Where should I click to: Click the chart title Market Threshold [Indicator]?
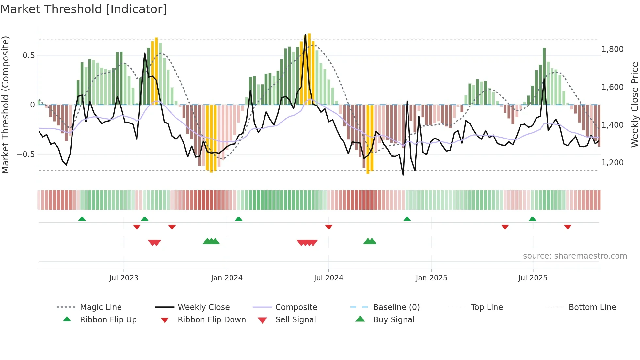(x=84, y=9)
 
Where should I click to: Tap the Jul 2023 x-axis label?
(x=124, y=278)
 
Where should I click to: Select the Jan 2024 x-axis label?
(x=227, y=278)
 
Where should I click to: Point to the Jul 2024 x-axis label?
(x=328, y=278)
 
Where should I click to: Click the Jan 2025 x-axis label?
(x=431, y=278)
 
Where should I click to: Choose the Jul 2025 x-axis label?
(x=533, y=278)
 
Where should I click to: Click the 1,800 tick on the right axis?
(x=612, y=49)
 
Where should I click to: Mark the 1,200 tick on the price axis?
(x=612, y=163)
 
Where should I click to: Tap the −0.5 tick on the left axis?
(x=25, y=154)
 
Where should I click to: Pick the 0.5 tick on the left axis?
(x=28, y=56)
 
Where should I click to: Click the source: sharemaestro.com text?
(x=575, y=256)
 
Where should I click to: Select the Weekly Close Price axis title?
(x=634, y=105)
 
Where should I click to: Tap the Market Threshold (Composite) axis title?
(x=5, y=105)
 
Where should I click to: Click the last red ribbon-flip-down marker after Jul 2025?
(x=568, y=227)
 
